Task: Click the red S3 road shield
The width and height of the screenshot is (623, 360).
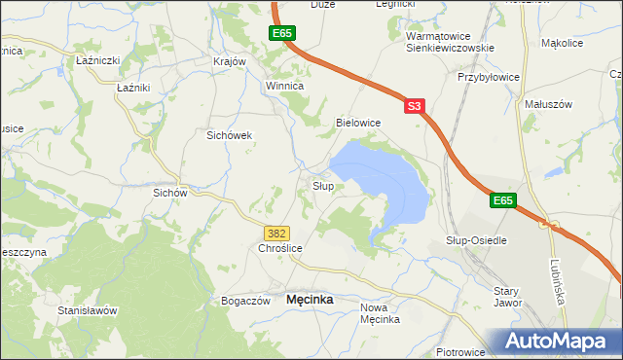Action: pos(415,105)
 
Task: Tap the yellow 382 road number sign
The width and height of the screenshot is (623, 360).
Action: pos(276,233)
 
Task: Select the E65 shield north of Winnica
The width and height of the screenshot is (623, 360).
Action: pos(282,34)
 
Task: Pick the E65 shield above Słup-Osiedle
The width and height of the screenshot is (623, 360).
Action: pos(501,200)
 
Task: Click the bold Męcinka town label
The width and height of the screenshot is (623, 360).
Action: pos(310,301)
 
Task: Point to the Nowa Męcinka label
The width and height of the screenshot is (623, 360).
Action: pos(380,313)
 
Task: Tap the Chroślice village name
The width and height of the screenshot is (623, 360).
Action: pos(281,249)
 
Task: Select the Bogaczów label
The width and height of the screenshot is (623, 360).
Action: pos(245,302)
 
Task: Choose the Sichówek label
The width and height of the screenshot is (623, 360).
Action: pos(230,136)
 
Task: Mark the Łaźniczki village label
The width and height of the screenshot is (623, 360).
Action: pos(97,60)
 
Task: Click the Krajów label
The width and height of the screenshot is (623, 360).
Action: pos(230,60)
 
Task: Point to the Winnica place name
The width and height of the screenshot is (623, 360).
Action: pos(285,86)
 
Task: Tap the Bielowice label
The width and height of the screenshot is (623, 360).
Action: pos(357,123)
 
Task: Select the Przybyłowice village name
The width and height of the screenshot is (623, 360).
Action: pos(489,76)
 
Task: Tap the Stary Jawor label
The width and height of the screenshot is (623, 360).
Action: pos(507,297)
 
